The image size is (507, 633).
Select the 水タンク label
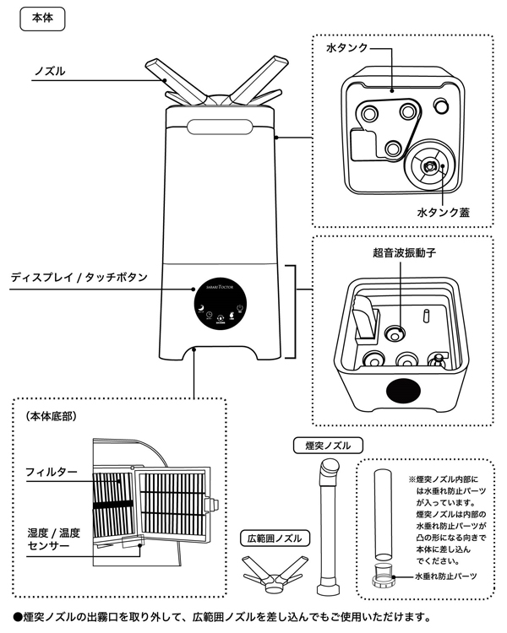click(346, 49)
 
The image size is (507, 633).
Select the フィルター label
click(52, 470)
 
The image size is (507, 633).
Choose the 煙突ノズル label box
click(327, 444)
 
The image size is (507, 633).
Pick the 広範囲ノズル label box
click(274, 538)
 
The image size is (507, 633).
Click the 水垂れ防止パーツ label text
click(444, 576)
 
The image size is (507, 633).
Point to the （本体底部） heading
click(52, 416)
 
